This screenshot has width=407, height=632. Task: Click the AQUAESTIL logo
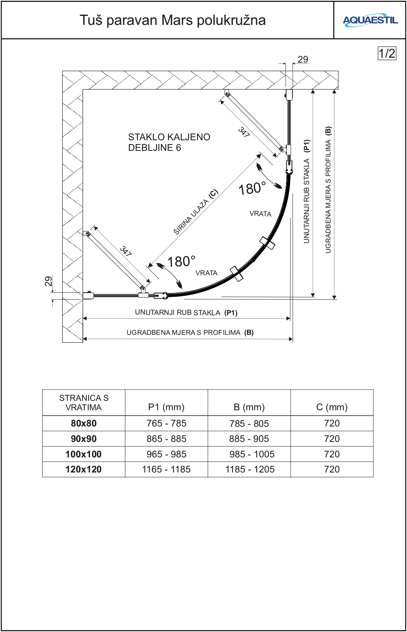coord(370,20)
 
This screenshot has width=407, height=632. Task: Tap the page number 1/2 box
coord(387,53)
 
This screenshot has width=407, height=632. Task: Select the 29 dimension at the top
coord(303,60)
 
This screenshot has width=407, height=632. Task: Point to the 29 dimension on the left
coord(48,281)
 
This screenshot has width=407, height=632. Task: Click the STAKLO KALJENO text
coord(169,137)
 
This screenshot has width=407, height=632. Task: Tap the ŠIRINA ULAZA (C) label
coord(196,212)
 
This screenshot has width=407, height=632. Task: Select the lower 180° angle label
coord(181,261)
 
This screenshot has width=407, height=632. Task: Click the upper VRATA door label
coord(260,214)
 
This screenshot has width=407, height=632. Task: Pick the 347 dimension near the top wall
coord(244,132)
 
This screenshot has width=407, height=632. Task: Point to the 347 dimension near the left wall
coord(125,251)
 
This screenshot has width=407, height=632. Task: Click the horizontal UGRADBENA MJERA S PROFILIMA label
coord(190,333)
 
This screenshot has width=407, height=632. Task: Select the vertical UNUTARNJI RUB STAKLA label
coord(307,192)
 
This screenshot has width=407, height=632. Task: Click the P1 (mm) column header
coord(166,407)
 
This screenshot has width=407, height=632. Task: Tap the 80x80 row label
coord(84,423)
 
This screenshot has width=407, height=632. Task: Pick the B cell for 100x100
coord(249,454)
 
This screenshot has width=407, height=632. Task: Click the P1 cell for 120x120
coord(166,469)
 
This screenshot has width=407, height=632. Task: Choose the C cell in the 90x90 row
coord(332,439)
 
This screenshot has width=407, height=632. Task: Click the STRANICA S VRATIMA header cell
coord(84,403)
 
